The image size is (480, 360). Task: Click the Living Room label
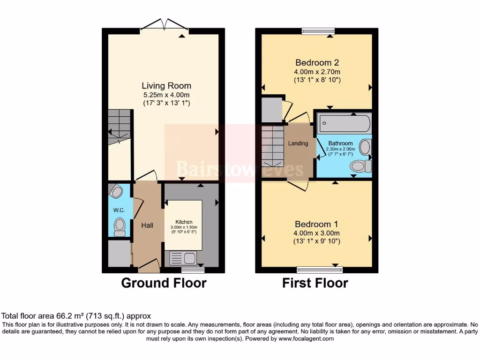coord(166,86)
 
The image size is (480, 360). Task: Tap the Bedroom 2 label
coord(317,63)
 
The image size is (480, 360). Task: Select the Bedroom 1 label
coord(316,224)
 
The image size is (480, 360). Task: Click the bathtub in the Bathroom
coord(344,124)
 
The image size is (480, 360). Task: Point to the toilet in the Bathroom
coord(360,166)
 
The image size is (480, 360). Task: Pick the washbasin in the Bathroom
coord(365,148)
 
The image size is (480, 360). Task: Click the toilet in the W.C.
coord(120,226)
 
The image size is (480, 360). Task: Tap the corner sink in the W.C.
coord(115,191)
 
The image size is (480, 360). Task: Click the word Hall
coord(147,225)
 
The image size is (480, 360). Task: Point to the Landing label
coord(298,143)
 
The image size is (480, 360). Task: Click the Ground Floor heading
coord(164,283)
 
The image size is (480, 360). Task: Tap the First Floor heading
coord(315,283)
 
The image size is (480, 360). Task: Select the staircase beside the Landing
coord(272,147)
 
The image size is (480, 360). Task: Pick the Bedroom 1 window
coord(320,270)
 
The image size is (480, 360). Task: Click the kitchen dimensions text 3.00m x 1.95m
coord(183,227)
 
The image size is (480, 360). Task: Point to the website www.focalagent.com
coord(307,338)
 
